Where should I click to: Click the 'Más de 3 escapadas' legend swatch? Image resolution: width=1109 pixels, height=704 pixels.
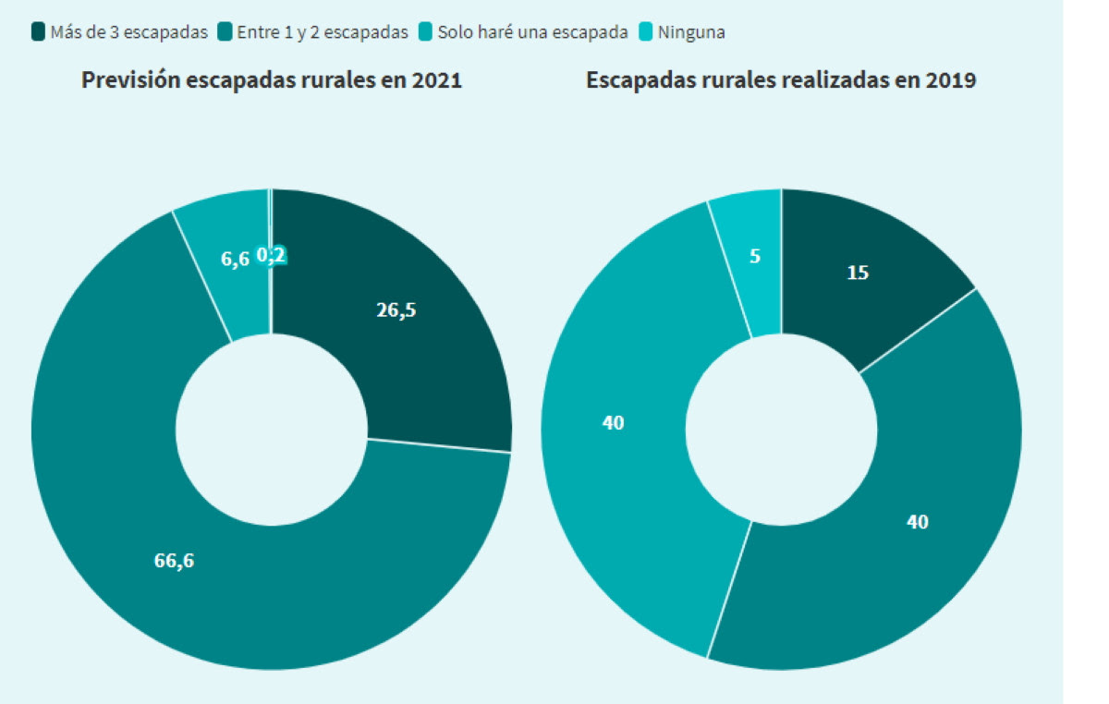(x=38, y=32)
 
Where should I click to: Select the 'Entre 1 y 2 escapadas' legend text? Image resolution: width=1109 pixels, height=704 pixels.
(x=323, y=32)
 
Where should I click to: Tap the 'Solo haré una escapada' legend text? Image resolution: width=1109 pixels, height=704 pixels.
(x=532, y=32)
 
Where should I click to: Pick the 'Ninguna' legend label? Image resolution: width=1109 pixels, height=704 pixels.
(x=691, y=32)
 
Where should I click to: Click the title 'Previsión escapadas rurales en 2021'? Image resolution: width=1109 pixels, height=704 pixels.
(x=272, y=80)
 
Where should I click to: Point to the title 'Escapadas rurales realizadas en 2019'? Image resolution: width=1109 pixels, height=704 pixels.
(x=781, y=80)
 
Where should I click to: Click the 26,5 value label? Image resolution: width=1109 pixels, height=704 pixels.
(x=396, y=310)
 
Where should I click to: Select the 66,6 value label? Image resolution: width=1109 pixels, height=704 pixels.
(x=174, y=560)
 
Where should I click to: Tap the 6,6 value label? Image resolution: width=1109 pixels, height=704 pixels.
(x=235, y=260)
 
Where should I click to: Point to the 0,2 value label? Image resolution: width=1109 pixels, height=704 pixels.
(x=271, y=255)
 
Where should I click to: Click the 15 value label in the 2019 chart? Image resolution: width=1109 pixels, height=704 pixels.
(x=858, y=273)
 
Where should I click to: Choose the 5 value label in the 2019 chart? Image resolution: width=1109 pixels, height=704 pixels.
(x=755, y=256)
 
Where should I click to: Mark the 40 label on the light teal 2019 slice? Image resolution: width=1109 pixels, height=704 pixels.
(x=613, y=423)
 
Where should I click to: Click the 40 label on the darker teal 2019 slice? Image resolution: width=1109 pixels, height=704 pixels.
(x=917, y=522)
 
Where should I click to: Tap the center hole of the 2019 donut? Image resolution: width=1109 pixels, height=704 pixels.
(x=782, y=430)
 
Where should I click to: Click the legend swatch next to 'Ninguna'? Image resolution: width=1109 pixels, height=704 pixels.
(x=647, y=32)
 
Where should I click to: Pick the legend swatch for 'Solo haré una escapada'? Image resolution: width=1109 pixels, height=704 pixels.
(x=426, y=32)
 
